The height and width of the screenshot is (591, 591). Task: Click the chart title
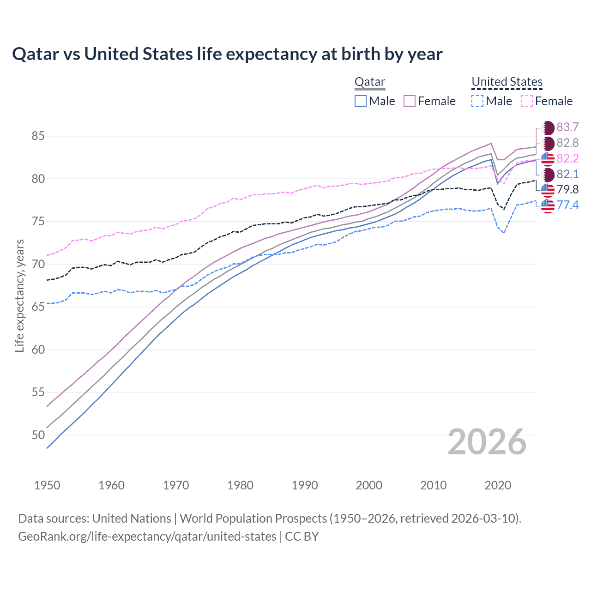click(227, 54)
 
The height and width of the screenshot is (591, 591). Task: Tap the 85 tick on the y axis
click(38, 136)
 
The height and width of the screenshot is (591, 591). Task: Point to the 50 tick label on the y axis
click(38, 435)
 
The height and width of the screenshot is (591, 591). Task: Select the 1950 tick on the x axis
click(47, 485)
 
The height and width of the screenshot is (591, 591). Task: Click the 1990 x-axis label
click(305, 485)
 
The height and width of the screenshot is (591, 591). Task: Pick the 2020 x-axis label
click(498, 485)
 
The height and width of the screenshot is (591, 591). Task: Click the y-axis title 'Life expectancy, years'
click(19, 296)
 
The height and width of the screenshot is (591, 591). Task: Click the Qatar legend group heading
click(369, 82)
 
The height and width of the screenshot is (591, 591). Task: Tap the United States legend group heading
click(507, 82)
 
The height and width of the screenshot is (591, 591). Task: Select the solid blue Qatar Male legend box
click(361, 101)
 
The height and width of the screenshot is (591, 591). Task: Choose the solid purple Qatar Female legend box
click(410, 101)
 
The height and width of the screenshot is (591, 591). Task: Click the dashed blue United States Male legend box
click(477, 101)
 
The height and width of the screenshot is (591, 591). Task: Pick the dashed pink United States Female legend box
click(526, 101)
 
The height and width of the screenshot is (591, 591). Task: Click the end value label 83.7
click(567, 127)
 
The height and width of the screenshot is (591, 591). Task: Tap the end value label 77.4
click(567, 205)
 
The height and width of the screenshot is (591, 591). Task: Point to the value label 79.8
click(567, 189)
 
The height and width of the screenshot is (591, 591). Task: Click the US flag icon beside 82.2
click(548, 158)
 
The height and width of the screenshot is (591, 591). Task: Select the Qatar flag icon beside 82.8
click(548, 143)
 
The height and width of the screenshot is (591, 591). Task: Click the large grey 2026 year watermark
click(487, 442)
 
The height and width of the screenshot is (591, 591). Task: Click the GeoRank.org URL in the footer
click(147, 537)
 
